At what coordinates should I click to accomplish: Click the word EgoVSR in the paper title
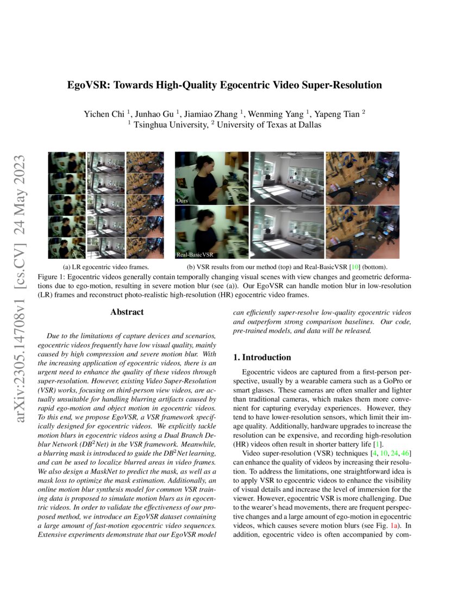coord(88,85)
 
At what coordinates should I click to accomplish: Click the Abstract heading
coord(127,312)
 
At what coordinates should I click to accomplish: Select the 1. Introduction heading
coord(262,357)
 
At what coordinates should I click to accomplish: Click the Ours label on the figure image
coord(183,201)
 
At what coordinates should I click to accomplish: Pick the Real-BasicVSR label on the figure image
coord(192,254)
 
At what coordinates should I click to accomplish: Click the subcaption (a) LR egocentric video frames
coord(106,267)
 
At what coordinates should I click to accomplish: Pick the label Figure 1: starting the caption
coord(52,277)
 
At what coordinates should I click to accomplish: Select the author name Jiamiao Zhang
coord(214,114)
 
